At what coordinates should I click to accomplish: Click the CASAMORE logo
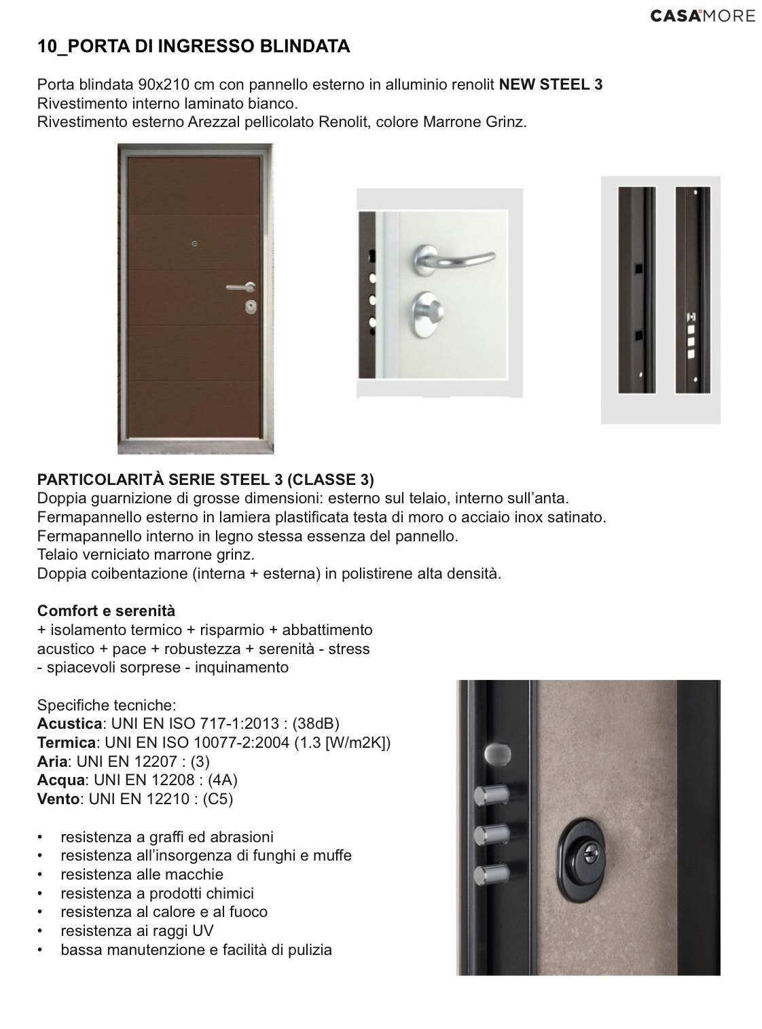click(702, 16)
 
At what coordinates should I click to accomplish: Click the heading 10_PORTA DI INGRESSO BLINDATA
click(194, 47)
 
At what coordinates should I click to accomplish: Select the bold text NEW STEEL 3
click(551, 85)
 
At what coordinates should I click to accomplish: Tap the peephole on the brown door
click(194, 244)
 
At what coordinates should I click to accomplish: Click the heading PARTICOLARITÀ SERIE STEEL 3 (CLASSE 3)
click(205, 480)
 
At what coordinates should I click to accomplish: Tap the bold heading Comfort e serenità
click(106, 611)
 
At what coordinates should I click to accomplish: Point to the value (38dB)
click(316, 723)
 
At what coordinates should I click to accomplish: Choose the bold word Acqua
click(60, 780)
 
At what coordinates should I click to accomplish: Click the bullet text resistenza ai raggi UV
click(137, 931)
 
